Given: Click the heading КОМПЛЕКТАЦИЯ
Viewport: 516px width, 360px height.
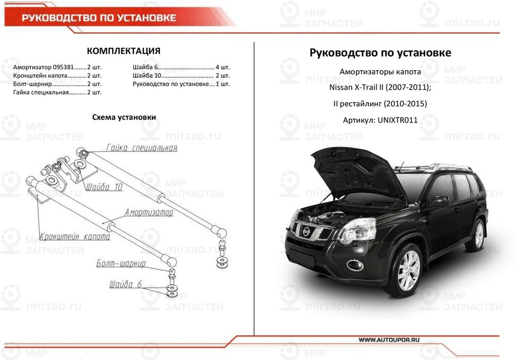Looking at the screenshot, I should coord(123,51).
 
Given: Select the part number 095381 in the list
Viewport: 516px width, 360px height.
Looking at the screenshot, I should coord(64,68).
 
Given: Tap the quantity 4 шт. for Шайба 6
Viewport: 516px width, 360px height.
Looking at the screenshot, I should coord(222,68).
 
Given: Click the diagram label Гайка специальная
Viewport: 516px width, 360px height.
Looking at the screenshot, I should coord(141,148).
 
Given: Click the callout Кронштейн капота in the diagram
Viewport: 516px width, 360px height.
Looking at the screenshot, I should coord(75,237).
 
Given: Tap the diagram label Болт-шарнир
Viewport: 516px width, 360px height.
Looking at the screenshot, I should coord(121,264).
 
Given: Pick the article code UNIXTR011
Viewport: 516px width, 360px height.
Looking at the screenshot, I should coord(397,120).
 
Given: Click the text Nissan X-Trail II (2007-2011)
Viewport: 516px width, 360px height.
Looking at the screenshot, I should coord(380,87).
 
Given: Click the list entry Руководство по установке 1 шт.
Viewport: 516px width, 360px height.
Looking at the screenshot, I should coord(181,84).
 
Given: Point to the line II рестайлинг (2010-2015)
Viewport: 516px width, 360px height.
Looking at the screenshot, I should coord(380,104).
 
